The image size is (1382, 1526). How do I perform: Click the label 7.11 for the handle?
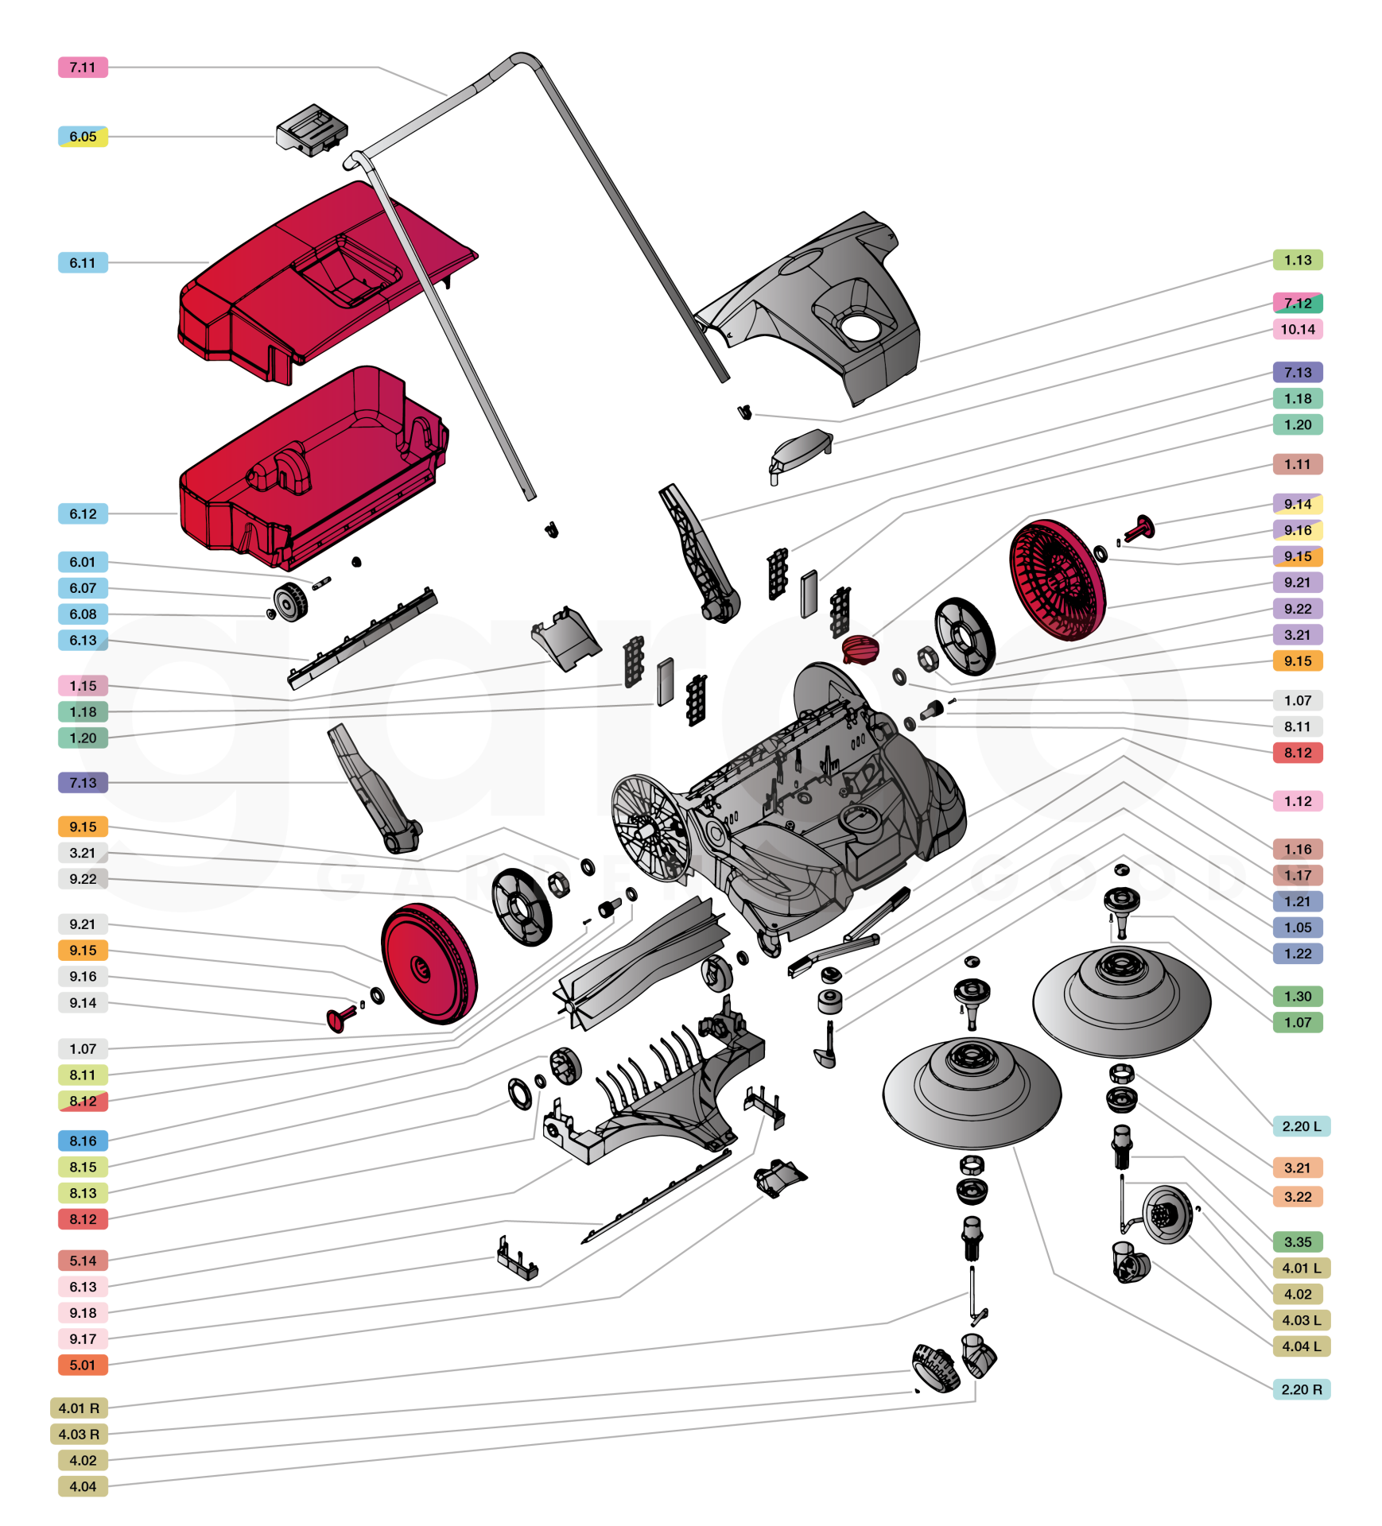point(83,68)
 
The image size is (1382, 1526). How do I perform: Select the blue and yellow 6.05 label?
point(83,137)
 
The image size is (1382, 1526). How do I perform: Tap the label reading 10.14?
point(1297,329)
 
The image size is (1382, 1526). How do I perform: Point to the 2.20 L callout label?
point(1301,1126)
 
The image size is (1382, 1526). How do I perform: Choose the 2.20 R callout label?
point(1301,1389)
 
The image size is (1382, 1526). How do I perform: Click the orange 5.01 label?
point(83,1365)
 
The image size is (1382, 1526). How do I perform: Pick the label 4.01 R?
point(79,1408)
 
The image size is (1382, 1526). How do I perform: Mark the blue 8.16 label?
point(83,1141)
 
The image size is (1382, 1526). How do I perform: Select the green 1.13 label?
point(1297,260)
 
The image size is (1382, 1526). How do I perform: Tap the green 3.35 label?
point(1297,1241)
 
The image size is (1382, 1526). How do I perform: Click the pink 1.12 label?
point(1297,801)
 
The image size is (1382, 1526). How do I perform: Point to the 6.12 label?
point(83,513)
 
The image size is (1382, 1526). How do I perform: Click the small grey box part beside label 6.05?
point(312,130)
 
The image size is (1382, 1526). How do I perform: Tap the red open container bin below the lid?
point(310,469)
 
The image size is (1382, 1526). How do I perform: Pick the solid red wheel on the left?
point(429,963)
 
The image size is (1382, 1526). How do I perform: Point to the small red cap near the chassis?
point(860,649)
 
